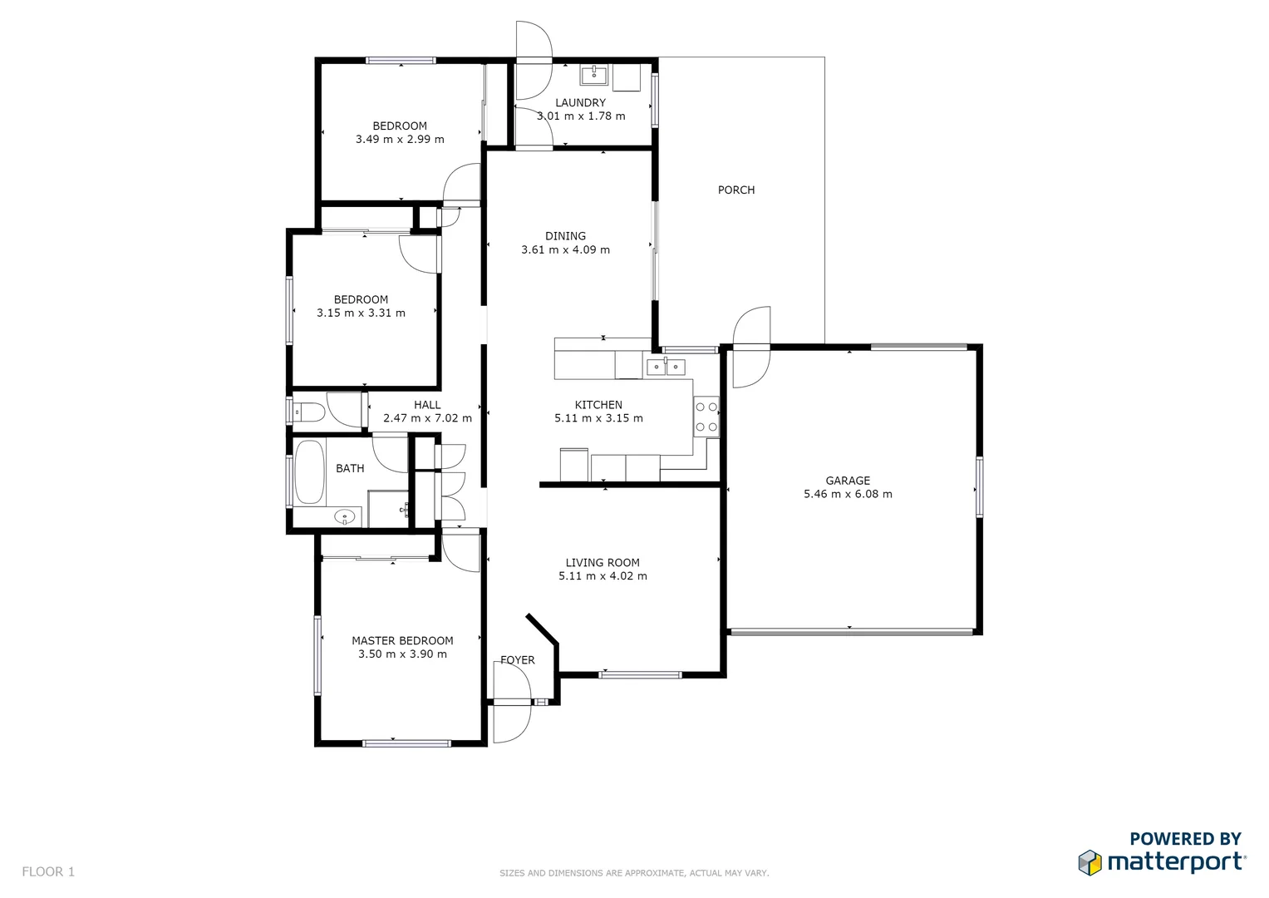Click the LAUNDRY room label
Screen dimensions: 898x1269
(580, 103)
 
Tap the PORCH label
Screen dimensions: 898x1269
(736, 190)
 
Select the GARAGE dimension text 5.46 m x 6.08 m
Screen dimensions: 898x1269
(848, 494)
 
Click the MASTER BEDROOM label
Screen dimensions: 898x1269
(402, 641)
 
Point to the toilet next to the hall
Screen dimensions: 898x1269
(310, 411)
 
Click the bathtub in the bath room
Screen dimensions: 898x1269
(309, 471)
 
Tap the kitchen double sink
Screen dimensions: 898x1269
(666, 367)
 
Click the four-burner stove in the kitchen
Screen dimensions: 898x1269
(706, 417)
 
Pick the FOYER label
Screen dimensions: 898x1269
(518, 660)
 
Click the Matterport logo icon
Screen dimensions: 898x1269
(1089, 862)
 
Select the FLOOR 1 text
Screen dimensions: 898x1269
(48, 871)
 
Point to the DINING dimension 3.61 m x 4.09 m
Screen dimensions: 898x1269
(565, 249)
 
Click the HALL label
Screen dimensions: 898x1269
(427, 405)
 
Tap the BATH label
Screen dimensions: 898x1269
(350, 469)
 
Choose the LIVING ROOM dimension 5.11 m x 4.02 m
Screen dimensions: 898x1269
(603, 576)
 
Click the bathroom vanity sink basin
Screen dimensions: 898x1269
(344, 517)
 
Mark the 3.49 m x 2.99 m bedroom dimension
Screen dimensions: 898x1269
(400, 140)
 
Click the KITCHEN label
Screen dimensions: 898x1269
(598, 405)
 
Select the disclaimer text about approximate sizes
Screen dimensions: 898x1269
(634, 873)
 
